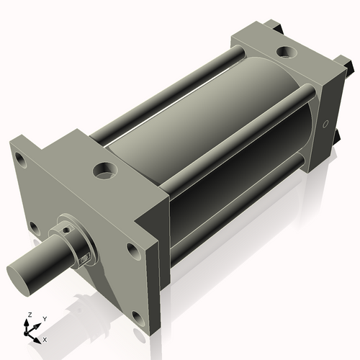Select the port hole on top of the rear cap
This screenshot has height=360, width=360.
click(287, 53)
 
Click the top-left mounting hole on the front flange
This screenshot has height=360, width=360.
click(20, 161)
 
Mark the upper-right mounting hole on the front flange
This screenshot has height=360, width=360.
click(132, 250)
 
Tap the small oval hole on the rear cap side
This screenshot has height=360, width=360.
click(326, 124)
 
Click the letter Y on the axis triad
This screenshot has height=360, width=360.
click(44, 318)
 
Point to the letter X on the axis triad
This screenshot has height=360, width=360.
click(45, 338)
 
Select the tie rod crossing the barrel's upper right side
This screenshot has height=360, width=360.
click(238, 137)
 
